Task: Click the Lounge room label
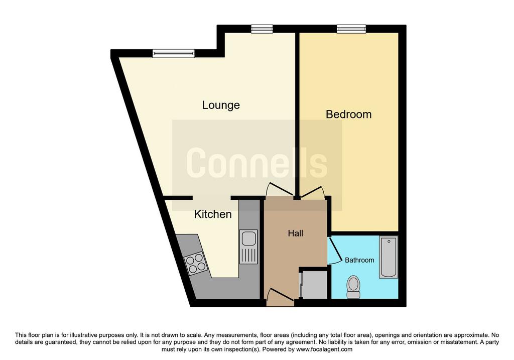(221, 105)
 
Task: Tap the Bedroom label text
(349, 114)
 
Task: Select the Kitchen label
(213, 214)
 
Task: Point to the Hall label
(295, 233)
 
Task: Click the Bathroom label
(359, 260)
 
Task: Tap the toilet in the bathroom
(353, 287)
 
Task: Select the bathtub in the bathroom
(389, 257)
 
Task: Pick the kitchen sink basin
(249, 238)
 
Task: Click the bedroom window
(351, 29)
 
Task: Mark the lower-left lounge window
(173, 53)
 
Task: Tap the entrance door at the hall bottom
(280, 297)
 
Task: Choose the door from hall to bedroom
(313, 192)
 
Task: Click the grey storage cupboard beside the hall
(314, 285)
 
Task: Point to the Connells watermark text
(256, 163)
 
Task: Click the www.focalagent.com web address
(324, 349)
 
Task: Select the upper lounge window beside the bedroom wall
(262, 29)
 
